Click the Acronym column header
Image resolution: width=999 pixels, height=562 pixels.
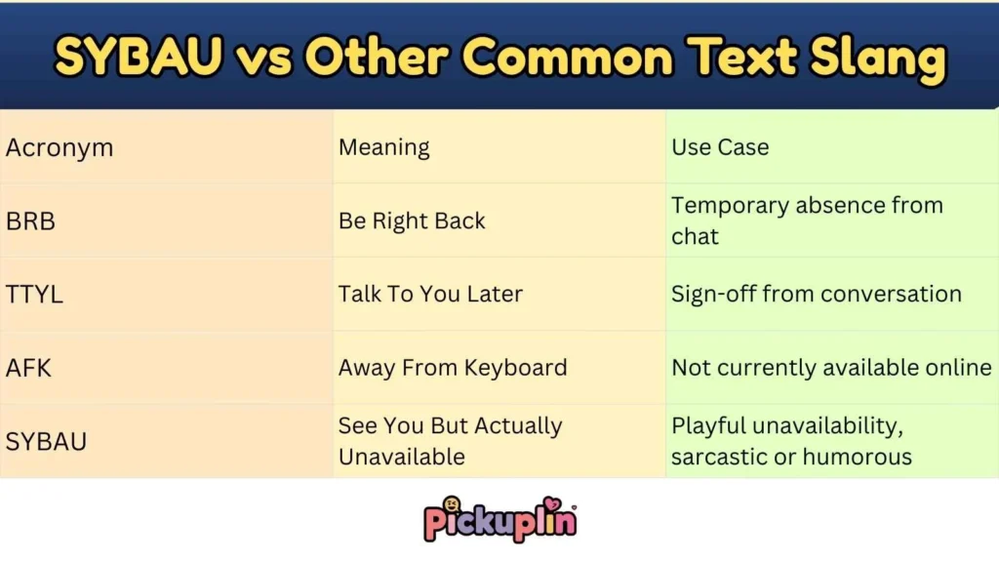(60, 148)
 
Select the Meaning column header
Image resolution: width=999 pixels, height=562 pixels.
(384, 148)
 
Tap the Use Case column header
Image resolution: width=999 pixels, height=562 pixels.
(720, 148)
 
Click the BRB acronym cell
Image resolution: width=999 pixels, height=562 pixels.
(30, 221)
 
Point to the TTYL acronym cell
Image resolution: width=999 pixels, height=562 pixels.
(34, 295)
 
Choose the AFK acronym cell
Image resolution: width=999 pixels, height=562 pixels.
(28, 368)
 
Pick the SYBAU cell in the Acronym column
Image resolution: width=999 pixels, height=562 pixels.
(46, 441)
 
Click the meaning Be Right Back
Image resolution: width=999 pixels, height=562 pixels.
(412, 221)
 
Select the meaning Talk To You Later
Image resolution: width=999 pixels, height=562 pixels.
(430, 295)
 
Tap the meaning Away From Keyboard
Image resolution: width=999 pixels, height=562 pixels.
(453, 368)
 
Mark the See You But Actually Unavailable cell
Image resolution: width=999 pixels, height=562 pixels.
(450, 441)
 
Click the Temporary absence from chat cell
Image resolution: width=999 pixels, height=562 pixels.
(807, 221)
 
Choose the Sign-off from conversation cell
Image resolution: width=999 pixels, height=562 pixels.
(817, 295)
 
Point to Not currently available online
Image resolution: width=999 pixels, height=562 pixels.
(831, 368)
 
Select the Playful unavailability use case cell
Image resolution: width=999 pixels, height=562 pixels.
(791, 441)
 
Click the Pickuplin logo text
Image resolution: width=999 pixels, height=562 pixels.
(499, 519)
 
